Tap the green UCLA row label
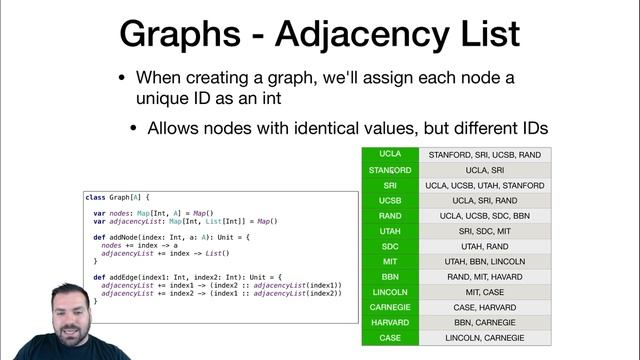pos(391,154)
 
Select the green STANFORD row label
pos(391,170)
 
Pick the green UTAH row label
pos(391,230)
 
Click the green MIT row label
pos(391,261)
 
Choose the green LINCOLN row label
pos(391,291)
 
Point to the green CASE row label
pos(391,337)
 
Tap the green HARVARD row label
pos(391,322)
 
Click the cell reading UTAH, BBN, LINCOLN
pos(485,261)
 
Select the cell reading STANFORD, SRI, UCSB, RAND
pos(485,155)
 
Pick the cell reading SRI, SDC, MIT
pos(485,231)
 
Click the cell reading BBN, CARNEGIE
pos(485,322)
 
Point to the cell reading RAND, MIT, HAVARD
pos(485,276)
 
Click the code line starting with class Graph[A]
pos(119,198)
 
